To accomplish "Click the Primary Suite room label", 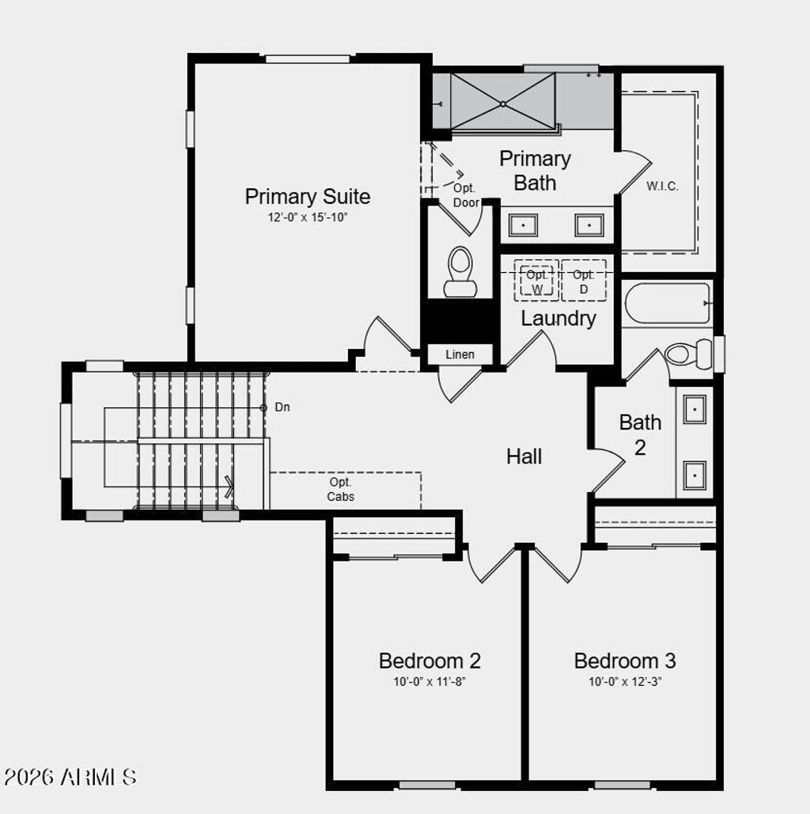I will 307,196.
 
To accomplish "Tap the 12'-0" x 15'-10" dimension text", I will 307,217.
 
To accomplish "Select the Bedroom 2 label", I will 430,661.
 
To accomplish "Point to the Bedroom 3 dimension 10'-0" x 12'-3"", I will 625,682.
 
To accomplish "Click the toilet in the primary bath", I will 460,271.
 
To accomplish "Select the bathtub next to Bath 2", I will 667,304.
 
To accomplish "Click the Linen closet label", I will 460,354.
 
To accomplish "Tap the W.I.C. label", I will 662,187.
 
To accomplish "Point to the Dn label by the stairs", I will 282,407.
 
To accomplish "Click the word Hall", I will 524,456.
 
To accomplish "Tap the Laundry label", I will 558,319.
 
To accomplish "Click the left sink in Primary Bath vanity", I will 523,225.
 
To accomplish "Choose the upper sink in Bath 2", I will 695,409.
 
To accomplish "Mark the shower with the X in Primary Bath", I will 503,102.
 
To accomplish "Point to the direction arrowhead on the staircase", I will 229,486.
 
